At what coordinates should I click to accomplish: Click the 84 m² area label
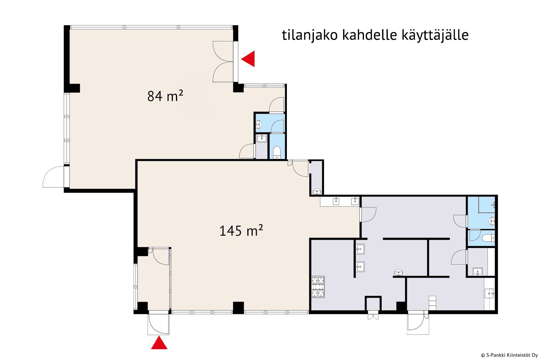click(x=165, y=96)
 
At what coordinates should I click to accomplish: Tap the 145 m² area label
click(x=241, y=230)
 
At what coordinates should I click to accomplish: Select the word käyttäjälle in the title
click(x=435, y=35)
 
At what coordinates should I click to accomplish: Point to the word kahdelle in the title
click(x=369, y=35)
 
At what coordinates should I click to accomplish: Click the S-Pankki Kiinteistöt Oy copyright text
click(x=509, y=355)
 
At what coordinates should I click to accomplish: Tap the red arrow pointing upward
click(x=159, y=343)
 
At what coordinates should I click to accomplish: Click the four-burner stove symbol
click(x=318, y=287)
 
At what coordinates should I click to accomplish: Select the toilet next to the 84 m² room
click(x=277, y=152)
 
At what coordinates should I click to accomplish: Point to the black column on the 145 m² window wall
click(x=238, y=308)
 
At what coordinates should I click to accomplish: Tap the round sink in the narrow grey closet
click(x=317, y=192)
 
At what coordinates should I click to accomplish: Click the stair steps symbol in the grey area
click(x=432, y=303)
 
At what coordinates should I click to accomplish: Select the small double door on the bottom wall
click(x=373, y=315)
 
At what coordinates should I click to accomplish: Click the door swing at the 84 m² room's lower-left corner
click(x=54, y=177)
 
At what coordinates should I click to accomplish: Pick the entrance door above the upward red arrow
click(x=158, y=323)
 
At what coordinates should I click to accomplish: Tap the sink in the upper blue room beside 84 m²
click(x=258, y=125)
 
